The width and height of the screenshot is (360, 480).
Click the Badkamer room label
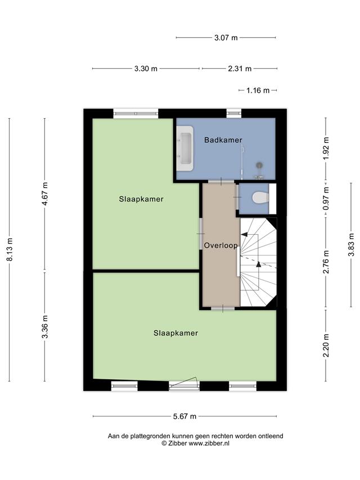coord(223,140)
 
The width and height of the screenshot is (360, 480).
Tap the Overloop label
coord(220,245)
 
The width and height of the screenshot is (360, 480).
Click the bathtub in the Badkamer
coord(186,148)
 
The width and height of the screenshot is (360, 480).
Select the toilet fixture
coord(261,197)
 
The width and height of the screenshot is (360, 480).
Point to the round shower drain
coord(259,165)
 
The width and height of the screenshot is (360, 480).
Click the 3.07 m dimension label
coord(226,38)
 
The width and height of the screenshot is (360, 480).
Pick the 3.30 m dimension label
coord(146,69)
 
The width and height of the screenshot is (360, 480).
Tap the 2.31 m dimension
coord(240,69)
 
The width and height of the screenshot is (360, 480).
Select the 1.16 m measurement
coord(258,90)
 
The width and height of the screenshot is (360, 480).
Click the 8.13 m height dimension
coord(10,250)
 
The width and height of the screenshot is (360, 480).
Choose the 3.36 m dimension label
coord(45,326)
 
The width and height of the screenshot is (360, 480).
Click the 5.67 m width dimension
coord(184,416)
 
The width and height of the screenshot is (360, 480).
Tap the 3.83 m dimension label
coord(351,245)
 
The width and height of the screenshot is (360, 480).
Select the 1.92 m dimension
coord(326,148)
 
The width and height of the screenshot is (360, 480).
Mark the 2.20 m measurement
coord(326,346)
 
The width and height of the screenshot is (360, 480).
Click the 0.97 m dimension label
coord(326,199)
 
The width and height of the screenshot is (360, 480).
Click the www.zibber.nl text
coord(209,443)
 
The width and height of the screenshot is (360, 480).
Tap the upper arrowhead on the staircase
coord(244,235)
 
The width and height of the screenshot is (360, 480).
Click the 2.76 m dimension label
coord(326,262)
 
